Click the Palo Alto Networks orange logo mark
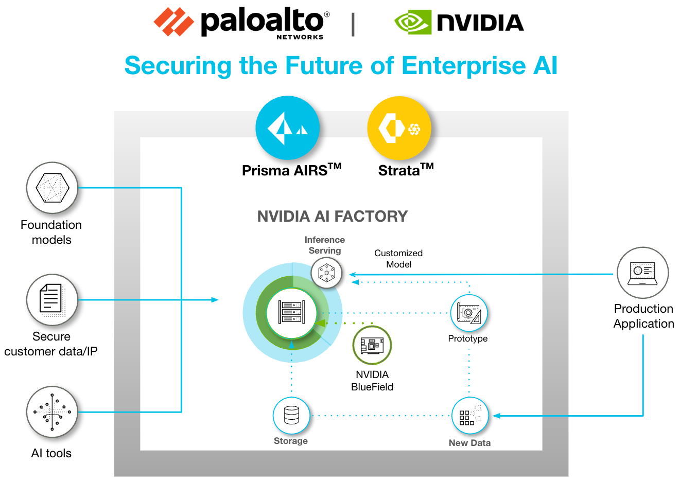[x=173, y=22]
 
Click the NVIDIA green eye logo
[x=412, y=23]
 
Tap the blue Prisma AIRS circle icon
[x=287, y=128]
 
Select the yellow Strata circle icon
[x=399, y=128]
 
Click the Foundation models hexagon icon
[x=52, y=188]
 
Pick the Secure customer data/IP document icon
[x=52, y=299]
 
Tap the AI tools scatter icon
[x=52, y=412]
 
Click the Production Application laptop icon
[x=642, y=273]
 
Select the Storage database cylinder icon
[x=291, y=415]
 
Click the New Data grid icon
[x=469, y=416]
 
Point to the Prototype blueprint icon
[x=468, y=313]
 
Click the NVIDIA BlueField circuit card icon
[x=372, y=345]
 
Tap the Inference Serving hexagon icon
[x=326, y=273]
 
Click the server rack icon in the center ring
[x=292, y=312]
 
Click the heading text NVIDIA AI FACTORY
[x=332, y=217]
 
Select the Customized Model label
[x=398, y=259]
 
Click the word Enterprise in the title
[x=463, y=66]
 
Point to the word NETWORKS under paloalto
[x=300, y=37]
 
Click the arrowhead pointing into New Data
[x=496, y=416]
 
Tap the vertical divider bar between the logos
[x=353, y=24]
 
